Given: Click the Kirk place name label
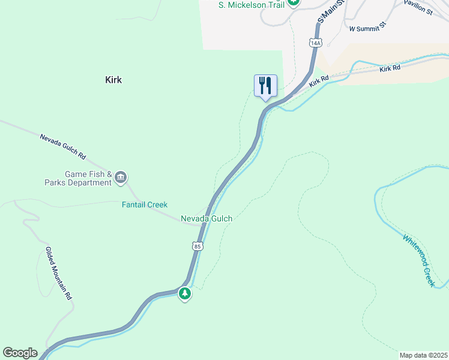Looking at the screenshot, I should pos(113,80).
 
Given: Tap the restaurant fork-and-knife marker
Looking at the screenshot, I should pos(265,86).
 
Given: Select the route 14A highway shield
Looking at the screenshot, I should pos(316,43).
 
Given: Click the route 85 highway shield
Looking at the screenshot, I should pos(197,246).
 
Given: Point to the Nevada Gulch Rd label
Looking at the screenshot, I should pos(63,146).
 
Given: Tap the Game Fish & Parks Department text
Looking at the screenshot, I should pos(80,178).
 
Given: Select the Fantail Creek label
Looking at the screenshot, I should pos(145,205).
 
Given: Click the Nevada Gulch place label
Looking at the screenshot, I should pos(206,219).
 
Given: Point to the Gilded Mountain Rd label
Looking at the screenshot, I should pos(59,274).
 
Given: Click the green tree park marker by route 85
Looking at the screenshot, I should pos(185,293).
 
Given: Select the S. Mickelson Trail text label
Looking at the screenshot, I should pos(250,4).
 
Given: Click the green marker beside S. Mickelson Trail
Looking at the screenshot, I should pos(293,2).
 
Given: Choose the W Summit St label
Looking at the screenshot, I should pos(367,28).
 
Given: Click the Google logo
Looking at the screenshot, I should pos(20,353).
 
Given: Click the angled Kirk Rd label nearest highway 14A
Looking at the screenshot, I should pos(319,80).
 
